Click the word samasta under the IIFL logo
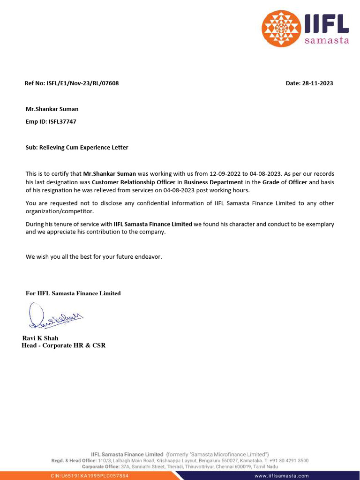pyautogui.click(x=327, y=41)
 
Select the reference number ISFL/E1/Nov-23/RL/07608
pyautogui.click(x=82, y=83)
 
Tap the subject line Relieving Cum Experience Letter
pyautogui.click(x=83, y=147)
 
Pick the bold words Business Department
pyautogui.click(x=213, y=182)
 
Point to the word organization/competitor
pyautogui.click(x=60, y=211)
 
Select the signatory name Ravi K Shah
pyautogui.click(x=40, y=338)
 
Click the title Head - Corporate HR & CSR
pyautogui.click(x=64, y=346)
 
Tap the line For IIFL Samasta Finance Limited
pyautogui.click(x=73, y=293)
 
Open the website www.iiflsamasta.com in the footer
pyautogui.click(x=282, y=475)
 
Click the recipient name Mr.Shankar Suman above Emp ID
pyautogui.click(x=52, y=109)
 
